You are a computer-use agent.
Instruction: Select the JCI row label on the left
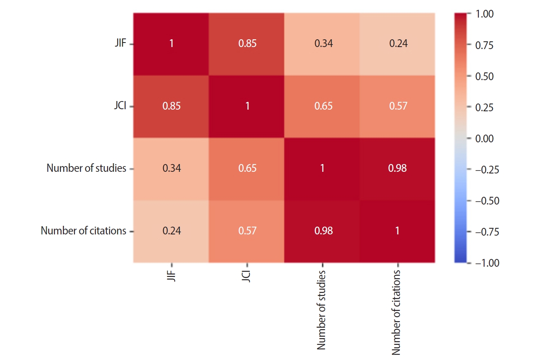click(x=120, y=106)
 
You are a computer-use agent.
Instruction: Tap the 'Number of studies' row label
click(x=86, y=168)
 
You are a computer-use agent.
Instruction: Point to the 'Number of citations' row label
click(x=83, y=231)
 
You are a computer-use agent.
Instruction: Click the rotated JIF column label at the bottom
click(x=171, y=280)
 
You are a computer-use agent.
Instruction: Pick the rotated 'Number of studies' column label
click(x=322, y=310)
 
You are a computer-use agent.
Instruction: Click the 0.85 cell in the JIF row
click(x=247, y=44)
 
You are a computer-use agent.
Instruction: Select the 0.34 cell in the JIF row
click(x=322, y=44)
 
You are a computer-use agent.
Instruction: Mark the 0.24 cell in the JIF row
click(x=397, y=44)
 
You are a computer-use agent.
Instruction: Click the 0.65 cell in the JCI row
click(x=322, y=106)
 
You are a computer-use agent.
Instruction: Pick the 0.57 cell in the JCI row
click(x=397, y=106)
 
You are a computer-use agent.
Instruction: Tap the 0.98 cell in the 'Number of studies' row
click(x=397, y=168)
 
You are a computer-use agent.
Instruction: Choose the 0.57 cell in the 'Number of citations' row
click(x=247, y=231)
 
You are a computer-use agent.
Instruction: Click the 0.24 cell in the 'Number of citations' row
click(x=171, y=231)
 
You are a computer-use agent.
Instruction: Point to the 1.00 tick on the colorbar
click(x=485, y=14)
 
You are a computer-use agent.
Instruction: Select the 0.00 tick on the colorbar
click(x=485, y=139)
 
